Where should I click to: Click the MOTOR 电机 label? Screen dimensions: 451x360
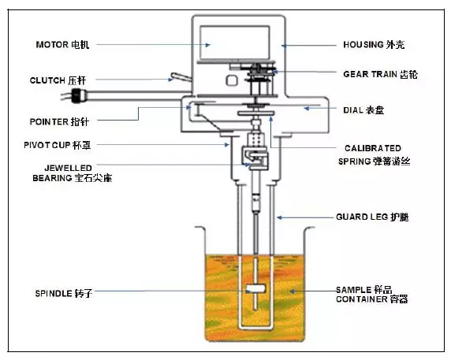click(62, 45)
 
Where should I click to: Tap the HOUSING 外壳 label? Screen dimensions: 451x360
click(374, 45)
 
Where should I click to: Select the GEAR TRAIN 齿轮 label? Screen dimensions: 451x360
click(380, 74)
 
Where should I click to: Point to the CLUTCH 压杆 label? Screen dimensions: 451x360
click(58, 80)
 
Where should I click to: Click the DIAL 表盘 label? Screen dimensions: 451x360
click(363, 110)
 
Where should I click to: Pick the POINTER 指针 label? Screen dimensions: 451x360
click(59, 121)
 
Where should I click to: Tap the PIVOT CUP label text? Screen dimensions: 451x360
click(47, 145)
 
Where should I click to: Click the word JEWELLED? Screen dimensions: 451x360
click(64, 168)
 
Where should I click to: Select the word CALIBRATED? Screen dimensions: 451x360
click(373, 148)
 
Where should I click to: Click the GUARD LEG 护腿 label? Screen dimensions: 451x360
click(372, 217)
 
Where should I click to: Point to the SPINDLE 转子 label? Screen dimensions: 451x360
click(64, 293)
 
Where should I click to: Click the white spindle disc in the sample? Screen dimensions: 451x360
click(255, 289)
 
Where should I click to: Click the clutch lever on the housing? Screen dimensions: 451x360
click(181, 77)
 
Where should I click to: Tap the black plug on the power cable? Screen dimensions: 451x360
click(79, 95)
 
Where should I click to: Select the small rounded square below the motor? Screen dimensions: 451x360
click(232, 80)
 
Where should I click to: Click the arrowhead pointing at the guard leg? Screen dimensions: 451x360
click(279, 217)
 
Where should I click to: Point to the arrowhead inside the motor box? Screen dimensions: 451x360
click(208, 45)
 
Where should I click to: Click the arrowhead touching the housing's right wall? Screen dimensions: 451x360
click(284, 46)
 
